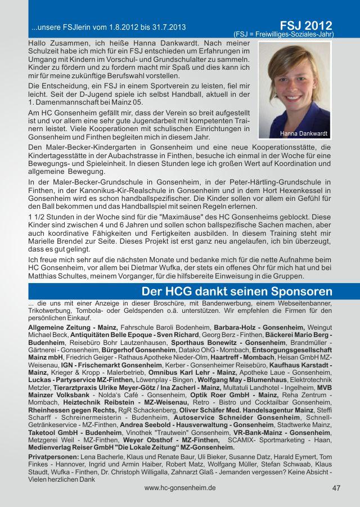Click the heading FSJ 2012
click(305, 25)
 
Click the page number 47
click(336, 488)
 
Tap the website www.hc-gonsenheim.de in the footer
click(180, 488)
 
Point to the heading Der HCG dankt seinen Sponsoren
click(237, 292)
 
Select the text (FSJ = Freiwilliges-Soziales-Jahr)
click(283, 34)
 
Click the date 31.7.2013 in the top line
click(168, 27)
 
